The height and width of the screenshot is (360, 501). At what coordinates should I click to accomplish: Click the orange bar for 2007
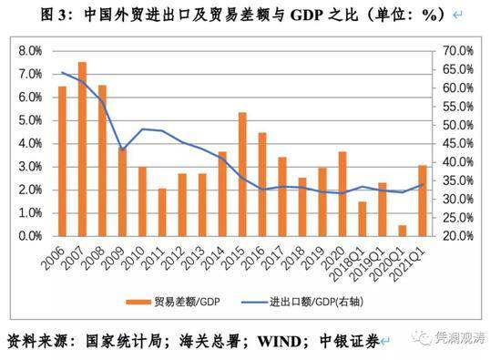point(82,149)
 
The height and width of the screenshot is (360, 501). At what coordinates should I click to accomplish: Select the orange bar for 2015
point(242,174)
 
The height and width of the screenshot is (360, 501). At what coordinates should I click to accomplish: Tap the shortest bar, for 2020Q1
point(403,231)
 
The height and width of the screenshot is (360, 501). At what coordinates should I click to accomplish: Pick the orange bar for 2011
point(162,212)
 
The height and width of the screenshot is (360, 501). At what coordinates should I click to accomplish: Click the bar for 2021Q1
point(423,201)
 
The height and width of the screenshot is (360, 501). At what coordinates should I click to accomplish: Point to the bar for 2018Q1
point(363,219)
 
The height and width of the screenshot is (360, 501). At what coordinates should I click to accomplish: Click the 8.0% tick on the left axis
point(30,51)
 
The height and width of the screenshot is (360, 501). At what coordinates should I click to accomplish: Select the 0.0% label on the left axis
point(30,236)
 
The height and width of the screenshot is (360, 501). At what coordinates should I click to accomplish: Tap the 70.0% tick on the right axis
point(458,51)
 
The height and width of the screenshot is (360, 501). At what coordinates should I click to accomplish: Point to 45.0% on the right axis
point(458,144)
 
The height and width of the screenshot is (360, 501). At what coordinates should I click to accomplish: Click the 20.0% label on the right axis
point(458,236)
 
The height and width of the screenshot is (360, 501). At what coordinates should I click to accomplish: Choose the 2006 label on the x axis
point(53,258)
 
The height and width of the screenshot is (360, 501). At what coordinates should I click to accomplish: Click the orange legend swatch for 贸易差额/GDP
point(138,302)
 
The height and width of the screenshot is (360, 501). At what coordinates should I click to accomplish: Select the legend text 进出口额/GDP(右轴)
point(317,302)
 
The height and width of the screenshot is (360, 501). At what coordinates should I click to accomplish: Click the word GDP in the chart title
point(306,15)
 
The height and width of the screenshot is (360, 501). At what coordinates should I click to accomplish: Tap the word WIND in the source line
point(280,342)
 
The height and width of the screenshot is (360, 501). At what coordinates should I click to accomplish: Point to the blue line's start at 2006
point(62,73)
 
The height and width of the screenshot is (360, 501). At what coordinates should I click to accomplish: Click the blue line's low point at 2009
point(122,149)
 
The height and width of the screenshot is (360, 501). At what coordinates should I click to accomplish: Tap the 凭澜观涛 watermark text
point(460,337)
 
